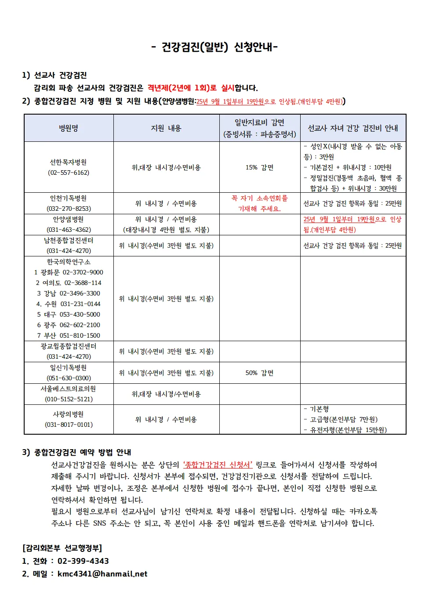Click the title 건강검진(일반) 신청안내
click(x=214, y=47)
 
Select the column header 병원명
click(x=69, y=128)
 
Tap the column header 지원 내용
click(x=166, y=128)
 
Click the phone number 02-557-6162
click(x=69, y=173)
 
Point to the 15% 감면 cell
click(x=259, y=167)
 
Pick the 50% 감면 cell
click(x=259, y=373)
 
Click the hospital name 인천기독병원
click(x=69, y=198)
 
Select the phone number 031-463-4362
click(x=69, y=230)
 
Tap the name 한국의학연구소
click(x=69, y=262)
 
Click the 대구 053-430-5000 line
click(x=69, y=314)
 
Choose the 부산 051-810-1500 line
click(x=69, y=335)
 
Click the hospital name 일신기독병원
click(x=69, y=367)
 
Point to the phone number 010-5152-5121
click(x=69, y=399)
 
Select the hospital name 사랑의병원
click(x=69, y=414)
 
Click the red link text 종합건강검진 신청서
click(x=218, y=465)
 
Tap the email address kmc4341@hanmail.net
click(x=102, y=574)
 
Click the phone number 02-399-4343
click(x=83, y=561)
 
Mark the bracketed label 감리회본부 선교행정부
click(x=62, y=548)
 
